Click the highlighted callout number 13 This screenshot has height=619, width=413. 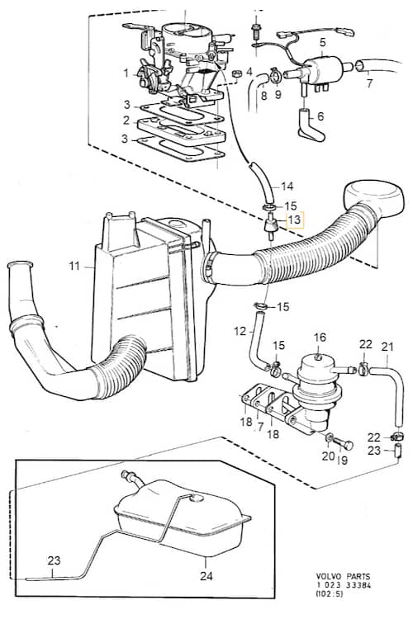(295, 220)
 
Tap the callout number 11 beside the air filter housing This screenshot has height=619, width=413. (74, 266)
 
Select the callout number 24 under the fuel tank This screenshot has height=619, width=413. (206, 576)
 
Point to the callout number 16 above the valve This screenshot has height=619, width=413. (320, 337)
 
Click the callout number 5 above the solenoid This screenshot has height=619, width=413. (322, 42)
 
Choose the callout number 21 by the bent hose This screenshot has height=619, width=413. (387, 347)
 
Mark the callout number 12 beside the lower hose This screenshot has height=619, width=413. (240, 331)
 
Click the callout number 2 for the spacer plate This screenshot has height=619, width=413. (126, 120)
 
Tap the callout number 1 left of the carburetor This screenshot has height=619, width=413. (126, 73)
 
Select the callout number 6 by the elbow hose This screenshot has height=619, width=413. (320, 116)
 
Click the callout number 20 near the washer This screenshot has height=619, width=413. (328, 456)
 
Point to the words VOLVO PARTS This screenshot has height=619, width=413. (343, 577)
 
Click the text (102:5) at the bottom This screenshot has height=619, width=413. (330, 593)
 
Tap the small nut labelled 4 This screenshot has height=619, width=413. (237, 73)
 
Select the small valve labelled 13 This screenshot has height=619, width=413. (269, 227)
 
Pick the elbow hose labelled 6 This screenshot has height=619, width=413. (311, 126)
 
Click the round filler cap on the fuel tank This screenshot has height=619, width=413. (195, 499)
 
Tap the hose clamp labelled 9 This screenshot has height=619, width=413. (276, 76)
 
